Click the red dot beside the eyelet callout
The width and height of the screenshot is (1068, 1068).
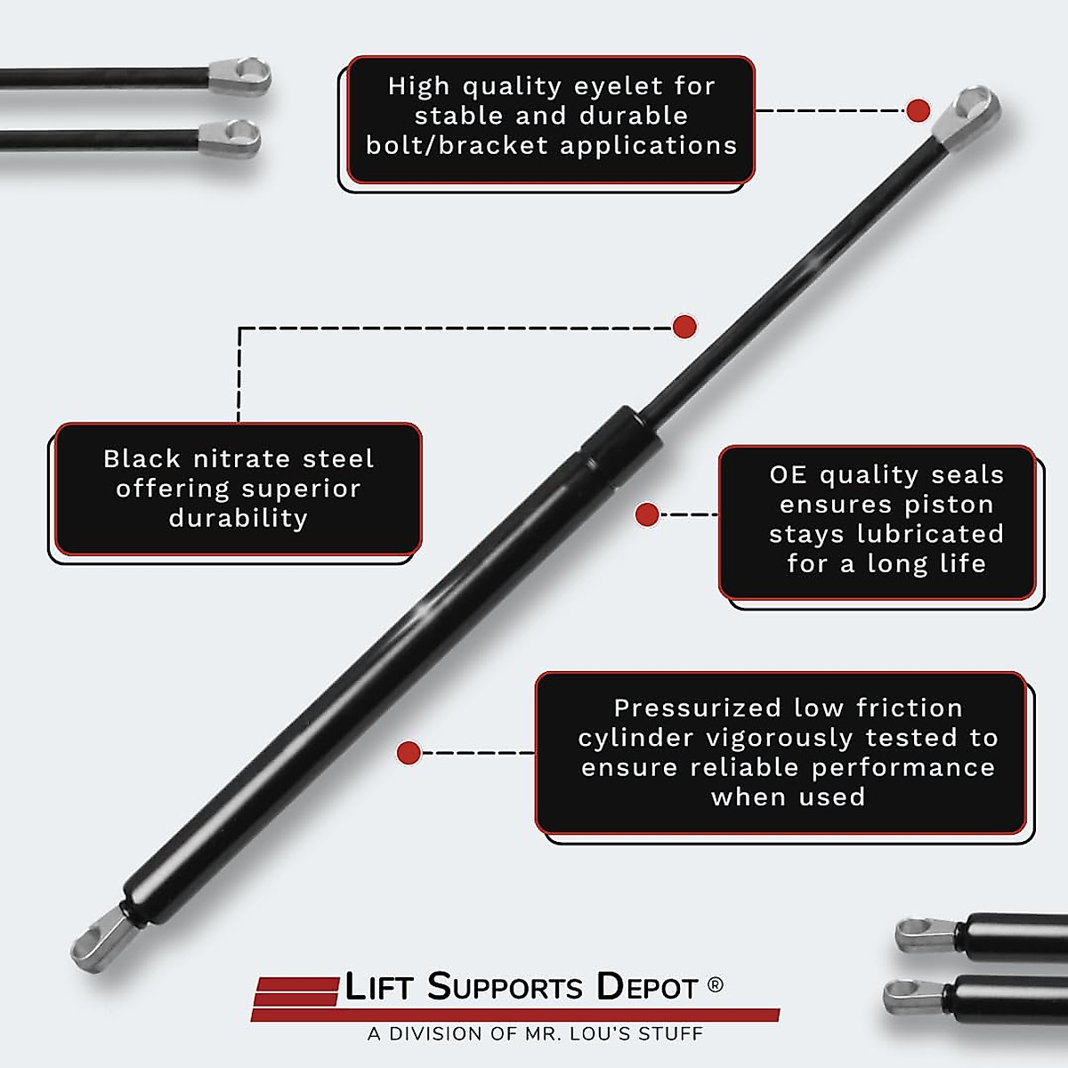pyautogui.click(x=918, y=111)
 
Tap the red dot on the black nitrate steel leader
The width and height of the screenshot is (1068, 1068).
pyautogui.click(x=684, y=327)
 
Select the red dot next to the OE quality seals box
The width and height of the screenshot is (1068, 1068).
pyautogui.click(x=647, y=514)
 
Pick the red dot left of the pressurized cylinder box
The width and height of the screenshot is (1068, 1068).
pyautogui.click(x=409, y=753)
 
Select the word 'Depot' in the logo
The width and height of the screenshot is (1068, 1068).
pyautogui.click(x=647, y=987)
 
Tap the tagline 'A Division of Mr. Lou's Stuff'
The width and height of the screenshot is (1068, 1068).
pyautogui.click(x=535, y=1034)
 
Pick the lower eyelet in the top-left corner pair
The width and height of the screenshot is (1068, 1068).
pyautogui.click(x=231, y=138)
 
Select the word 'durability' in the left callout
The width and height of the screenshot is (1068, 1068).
pyautogui.click(x=239, y=518)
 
